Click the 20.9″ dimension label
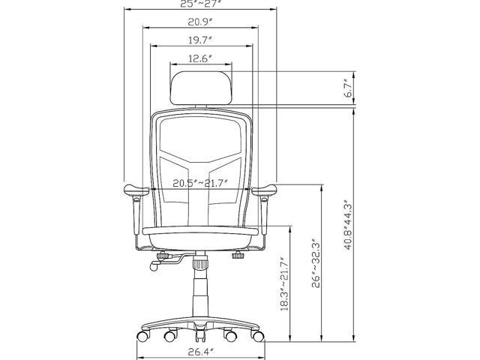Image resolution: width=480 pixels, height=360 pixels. [x=200, y=22]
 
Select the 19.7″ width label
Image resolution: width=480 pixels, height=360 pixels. [x=200, y=40]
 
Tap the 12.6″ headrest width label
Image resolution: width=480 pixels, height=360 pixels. [x=200, y=58]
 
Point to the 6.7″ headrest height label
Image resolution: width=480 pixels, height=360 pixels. [x=348, y=88]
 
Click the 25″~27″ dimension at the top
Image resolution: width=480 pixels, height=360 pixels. [x=200, y=4]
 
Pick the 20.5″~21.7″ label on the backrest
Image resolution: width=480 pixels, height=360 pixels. [x=200, y=183]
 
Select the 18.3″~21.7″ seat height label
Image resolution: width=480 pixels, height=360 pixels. [x=284, y=284]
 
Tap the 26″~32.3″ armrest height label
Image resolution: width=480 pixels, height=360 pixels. [x=316, y=263]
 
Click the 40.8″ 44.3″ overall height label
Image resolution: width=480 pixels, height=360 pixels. [x=348, y=225]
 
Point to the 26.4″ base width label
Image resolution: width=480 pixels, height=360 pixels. [x=200, y=352]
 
